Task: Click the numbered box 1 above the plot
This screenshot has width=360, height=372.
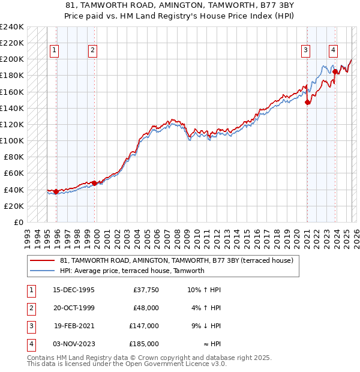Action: (x=55, y=51)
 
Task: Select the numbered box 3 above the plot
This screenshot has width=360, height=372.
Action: (x=306, y=51)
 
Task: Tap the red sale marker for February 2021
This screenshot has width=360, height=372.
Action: (x=307, y=103)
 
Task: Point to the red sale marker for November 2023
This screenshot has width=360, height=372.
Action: (x=335, y=71)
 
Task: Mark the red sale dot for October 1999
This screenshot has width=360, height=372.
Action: (x=94, y=183)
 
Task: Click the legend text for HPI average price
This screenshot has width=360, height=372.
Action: (x=132, y=271)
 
